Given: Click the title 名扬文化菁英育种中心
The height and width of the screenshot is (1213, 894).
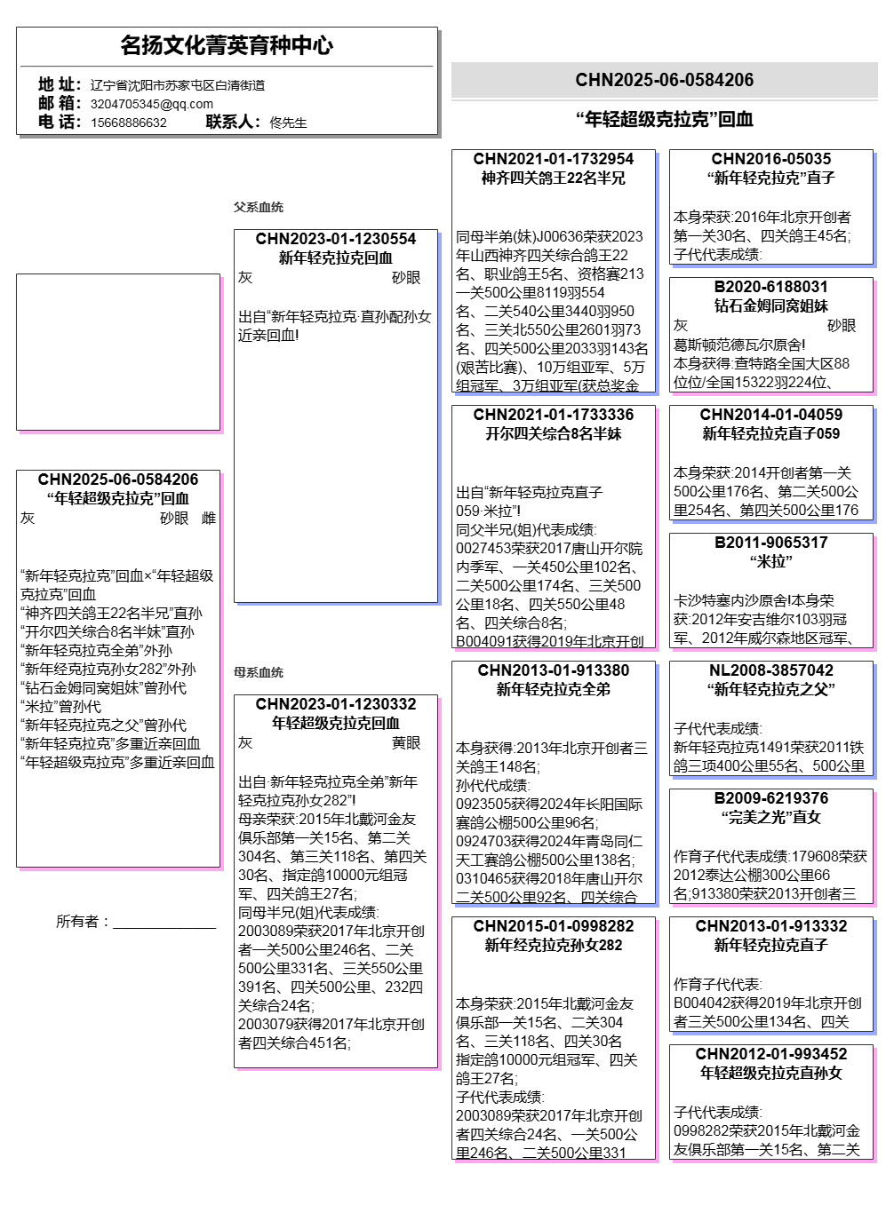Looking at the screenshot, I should click(x=227, y=45).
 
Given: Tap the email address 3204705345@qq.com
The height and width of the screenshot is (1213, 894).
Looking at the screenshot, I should click(x=151, y=104).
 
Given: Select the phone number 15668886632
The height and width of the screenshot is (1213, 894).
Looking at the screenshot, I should click(x=129, y=123).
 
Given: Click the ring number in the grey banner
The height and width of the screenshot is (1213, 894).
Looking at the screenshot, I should click(x=664, y=80).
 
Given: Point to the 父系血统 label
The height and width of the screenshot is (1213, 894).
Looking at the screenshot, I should click(x=258, y=207).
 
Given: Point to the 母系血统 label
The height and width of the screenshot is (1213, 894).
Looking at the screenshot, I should click(x=258, y=672).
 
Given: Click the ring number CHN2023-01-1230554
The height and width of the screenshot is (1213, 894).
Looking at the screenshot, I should click(x=335, y=239).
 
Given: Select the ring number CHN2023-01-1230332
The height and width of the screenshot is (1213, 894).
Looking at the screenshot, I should click(x=335, y=704).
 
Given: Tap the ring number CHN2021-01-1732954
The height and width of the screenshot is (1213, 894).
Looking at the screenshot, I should click(x=553, y=159).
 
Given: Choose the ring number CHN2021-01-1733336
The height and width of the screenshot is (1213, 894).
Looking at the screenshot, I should click(x=553, y=415).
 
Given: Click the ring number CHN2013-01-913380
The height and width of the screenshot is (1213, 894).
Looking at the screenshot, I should click(x=553, y=670).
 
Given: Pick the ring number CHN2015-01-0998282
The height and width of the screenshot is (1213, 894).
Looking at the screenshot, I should click(x=553, y=926).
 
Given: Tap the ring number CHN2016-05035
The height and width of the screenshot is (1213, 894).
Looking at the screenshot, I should click(x=770, y=159).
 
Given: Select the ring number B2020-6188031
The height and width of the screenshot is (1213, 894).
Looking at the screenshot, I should click(x=770, y=287).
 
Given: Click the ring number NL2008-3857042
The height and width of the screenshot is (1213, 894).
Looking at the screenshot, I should click(x=770, y=670).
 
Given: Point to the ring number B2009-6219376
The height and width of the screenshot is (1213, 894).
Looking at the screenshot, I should click(x=770, y=798).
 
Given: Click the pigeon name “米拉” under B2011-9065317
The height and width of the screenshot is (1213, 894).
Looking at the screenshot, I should click(x=770, y=561).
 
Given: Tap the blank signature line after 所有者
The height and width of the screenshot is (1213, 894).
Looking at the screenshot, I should click(x=164, y=924).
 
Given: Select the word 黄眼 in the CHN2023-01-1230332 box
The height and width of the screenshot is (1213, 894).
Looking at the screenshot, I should click(x=406, y=743).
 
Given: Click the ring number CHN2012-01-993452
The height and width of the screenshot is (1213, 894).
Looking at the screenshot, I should click(x=770, y=1054).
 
